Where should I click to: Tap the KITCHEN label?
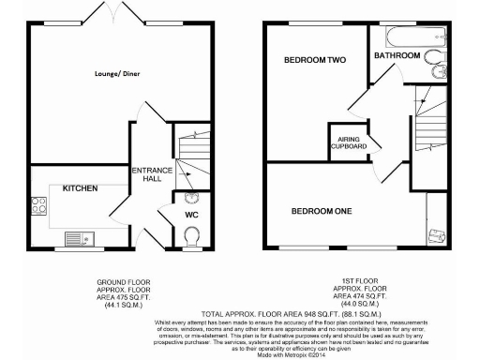[x=80, y=188]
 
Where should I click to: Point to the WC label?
[x=190, y=215]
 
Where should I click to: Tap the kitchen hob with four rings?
[x=39, y=202]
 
